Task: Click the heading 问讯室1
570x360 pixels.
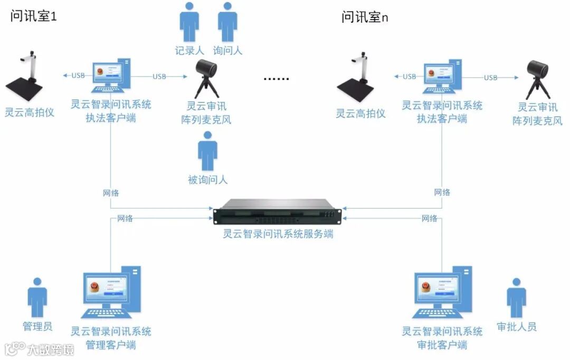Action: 33,17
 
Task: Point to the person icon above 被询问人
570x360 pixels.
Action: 207,151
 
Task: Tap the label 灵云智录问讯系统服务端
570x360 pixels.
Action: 278,234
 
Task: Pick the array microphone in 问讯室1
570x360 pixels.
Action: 207,78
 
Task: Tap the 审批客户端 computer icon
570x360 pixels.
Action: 442,292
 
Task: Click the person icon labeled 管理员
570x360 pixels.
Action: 37,298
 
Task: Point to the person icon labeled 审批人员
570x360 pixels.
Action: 516,298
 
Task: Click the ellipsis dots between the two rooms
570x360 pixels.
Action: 277,79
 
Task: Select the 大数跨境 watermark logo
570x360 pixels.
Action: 39,349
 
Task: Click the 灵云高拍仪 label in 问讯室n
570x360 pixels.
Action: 360,113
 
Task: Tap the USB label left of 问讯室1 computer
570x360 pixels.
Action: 78,75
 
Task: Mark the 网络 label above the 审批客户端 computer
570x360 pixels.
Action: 429,218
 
